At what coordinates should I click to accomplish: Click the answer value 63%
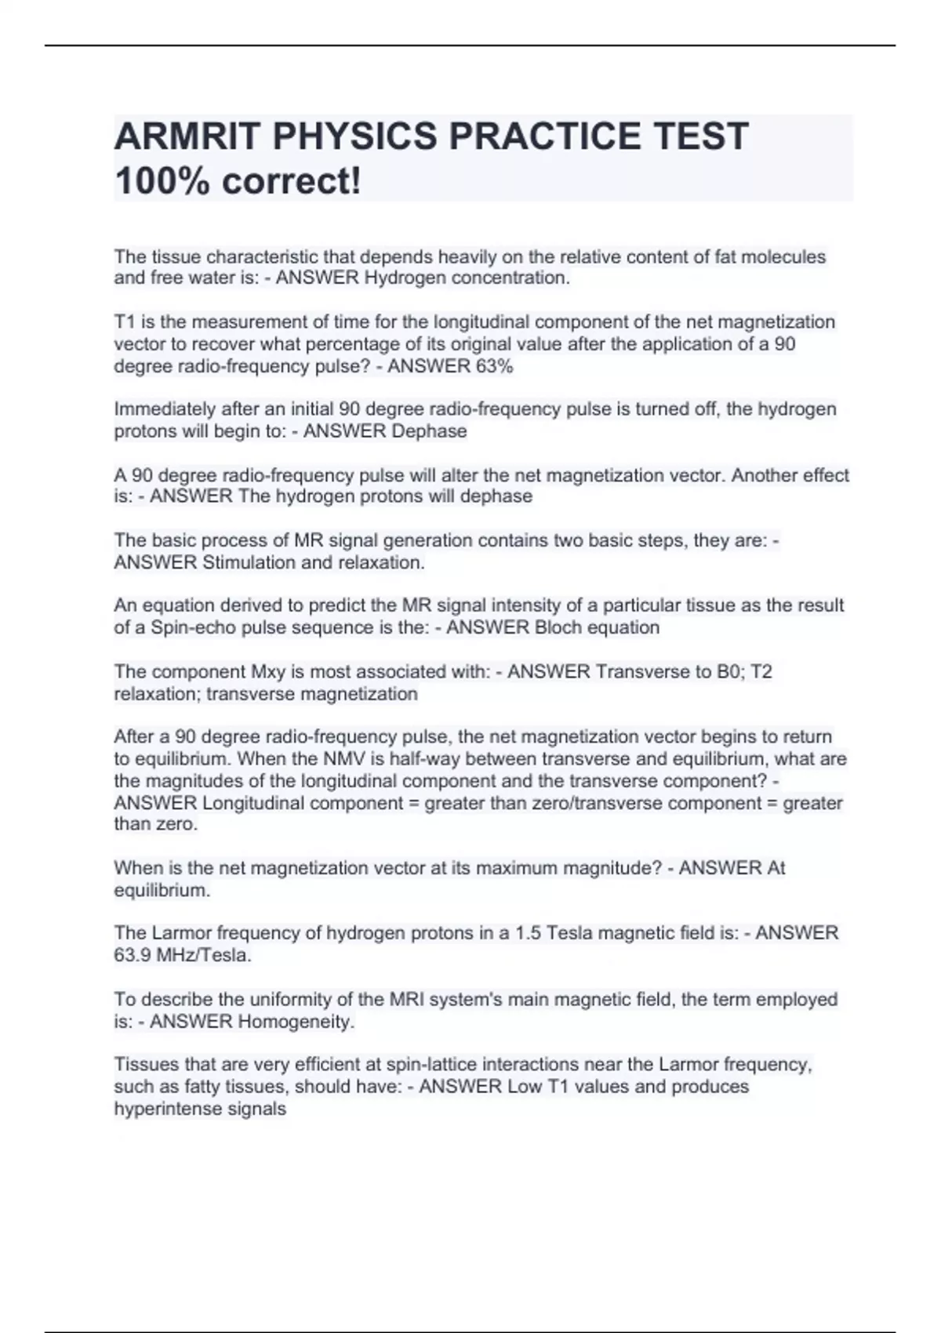[493, 366]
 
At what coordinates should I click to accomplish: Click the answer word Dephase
[429, 431]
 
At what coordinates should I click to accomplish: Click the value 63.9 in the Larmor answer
[132, 955]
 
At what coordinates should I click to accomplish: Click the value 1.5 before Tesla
[528, 933]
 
